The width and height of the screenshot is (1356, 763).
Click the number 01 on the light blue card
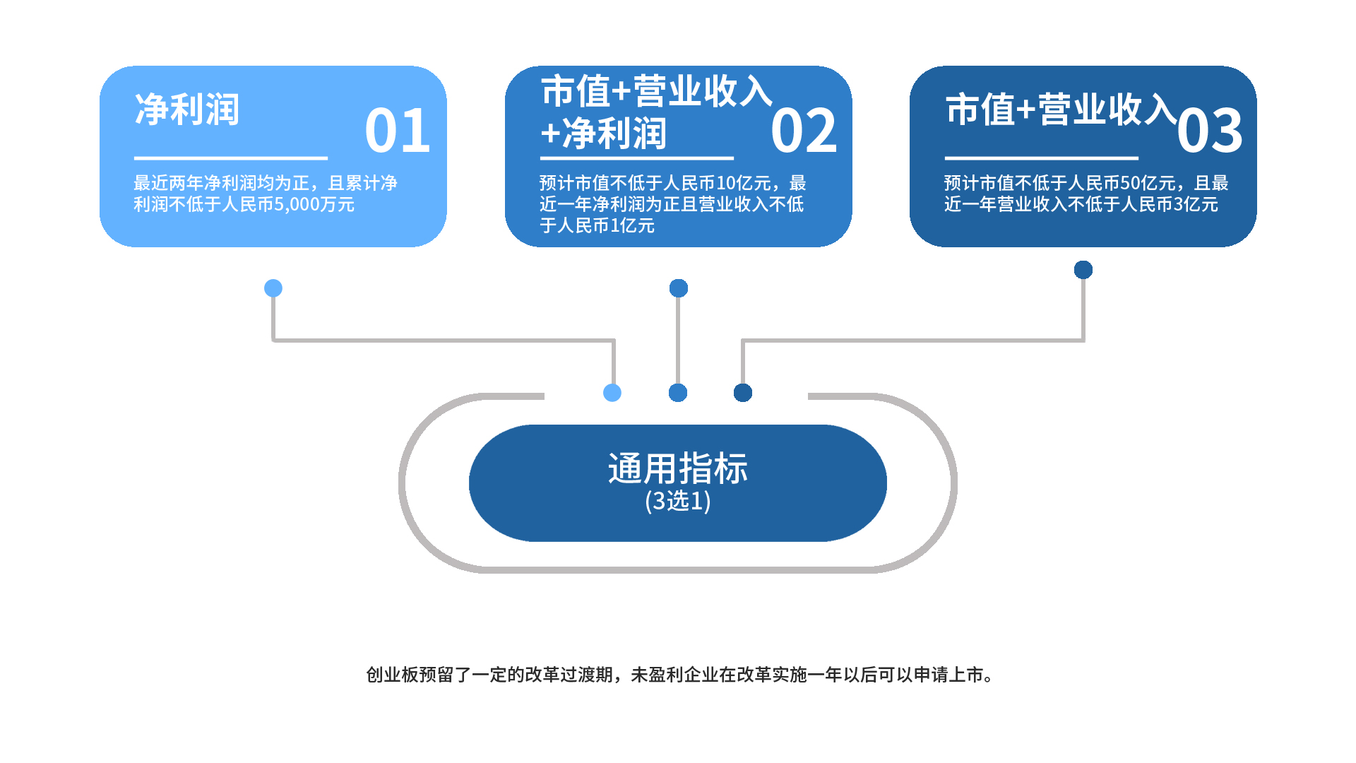(x=398, y=131)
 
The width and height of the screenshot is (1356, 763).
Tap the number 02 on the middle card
(x=804, y=131)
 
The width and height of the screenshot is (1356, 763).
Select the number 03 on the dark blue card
(x=1210, y=131)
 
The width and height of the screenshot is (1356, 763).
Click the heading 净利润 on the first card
(x=187, y=110)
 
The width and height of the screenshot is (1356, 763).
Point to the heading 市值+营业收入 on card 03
(x=1061, y=110)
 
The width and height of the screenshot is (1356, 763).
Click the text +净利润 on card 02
(x=604, y=134)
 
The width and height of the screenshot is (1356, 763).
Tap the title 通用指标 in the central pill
(x=678, y=468)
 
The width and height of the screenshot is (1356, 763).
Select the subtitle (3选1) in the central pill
(x=678, y=501)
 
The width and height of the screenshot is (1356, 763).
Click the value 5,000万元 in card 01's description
(x=314, y=205)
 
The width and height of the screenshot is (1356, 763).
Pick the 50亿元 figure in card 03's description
(x=1148, y=183)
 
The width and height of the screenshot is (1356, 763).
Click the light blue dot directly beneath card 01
(x=273, y=288)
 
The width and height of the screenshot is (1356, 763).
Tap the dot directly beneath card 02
(x=679, y=288)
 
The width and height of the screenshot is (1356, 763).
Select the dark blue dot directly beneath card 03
(x=1083, y=270)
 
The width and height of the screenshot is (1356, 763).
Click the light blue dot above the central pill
(x=612, y=393)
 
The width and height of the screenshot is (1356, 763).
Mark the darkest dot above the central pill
(x=743, y=393)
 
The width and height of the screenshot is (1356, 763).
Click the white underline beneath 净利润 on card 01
(x=231, y=158)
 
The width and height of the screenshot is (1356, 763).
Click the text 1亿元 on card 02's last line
(x=633, y=226)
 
